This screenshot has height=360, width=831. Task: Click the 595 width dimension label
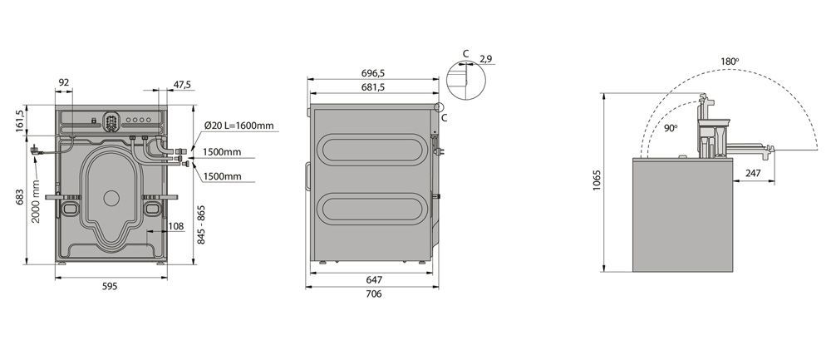(x=110, y=286)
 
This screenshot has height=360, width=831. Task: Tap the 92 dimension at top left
(x=64, y=82)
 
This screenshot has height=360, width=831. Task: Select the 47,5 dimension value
(x=182, y=84)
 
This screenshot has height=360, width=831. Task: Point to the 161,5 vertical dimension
(x=20, y=121)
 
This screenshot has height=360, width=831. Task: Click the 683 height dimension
(x=20, y=197)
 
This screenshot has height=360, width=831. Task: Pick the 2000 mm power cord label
(x=36, y=201)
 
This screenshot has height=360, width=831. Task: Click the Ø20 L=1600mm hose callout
(x=239, y=126)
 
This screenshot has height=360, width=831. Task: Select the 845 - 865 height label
(x=201, y=224)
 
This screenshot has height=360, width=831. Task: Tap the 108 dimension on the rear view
(x=176, y=226)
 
